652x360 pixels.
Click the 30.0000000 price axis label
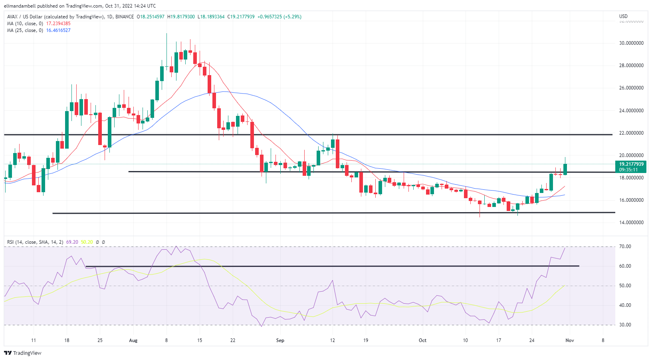click(x=631, y=43)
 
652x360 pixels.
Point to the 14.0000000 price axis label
click(x=631, y=223)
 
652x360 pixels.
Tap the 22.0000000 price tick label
click(x=631, y=133)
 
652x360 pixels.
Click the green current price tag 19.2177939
click(x=631, y=164)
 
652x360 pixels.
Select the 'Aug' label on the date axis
click(x=133, y=340)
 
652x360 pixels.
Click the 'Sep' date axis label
click(x=280, y=340)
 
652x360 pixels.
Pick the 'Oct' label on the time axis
click(x=422, y=340)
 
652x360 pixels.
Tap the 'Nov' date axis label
click(x=570, y=340)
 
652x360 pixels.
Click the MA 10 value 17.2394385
click(x=58, y=24)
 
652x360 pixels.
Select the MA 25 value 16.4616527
click(x=58, y=30)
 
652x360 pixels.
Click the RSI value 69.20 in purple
click(x=72, y=242)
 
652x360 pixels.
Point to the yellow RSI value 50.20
click(x=87, y=242)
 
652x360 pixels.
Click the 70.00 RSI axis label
click(x=625, y=247)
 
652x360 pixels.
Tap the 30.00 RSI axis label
click(x=625, y=325)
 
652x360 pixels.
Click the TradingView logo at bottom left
click(x=23, y=353)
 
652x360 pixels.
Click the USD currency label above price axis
click(x=623, y=16)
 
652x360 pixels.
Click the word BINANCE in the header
click(x=125, y=17)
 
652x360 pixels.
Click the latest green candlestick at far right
click(x=565, y=169)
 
